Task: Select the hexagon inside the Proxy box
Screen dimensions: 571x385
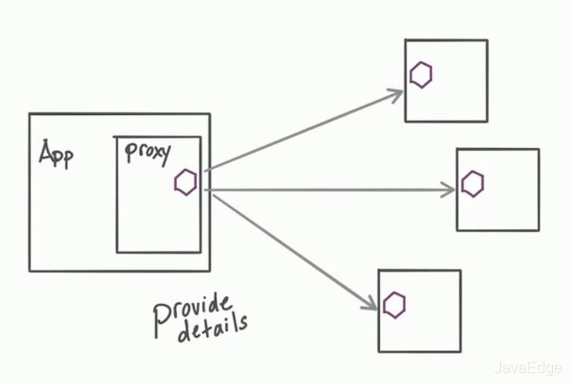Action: [185, 182]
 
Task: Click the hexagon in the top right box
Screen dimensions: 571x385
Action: [421, 75]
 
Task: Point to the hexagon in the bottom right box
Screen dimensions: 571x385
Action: [394, 304]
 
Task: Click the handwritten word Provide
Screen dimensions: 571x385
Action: [193, 310]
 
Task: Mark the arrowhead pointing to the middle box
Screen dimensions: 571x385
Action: [450, 190]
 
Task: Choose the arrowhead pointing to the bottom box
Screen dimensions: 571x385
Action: [372, 303]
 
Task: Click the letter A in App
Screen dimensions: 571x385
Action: [45, 152]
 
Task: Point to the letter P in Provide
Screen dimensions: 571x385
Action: [160, 318]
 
